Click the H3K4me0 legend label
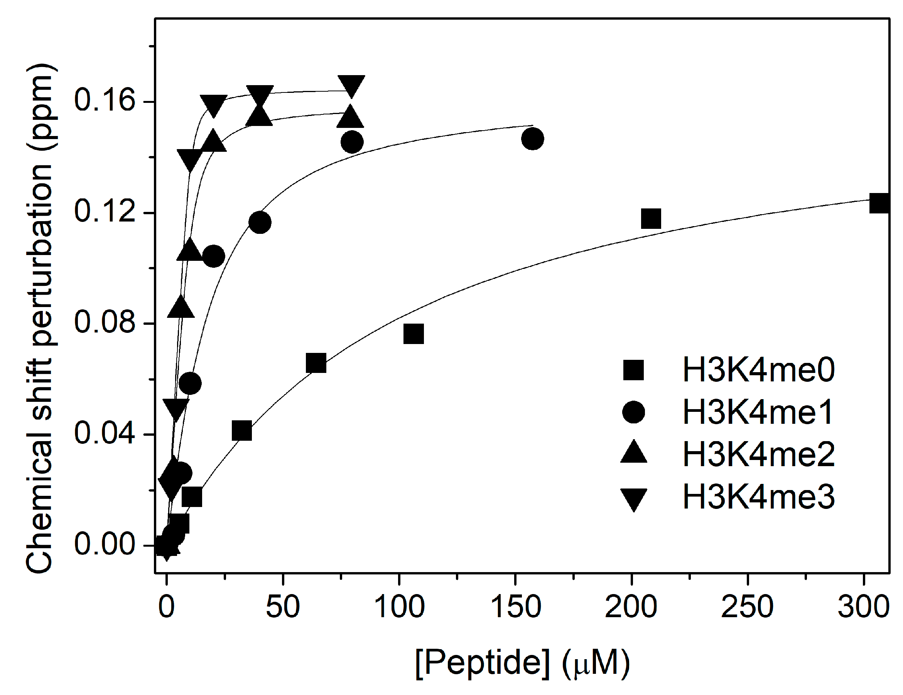pyautogui.click(x=758, y=370)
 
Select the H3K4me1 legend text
pyautogui.click(x=758, y=412)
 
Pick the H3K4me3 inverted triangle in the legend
pyautogui.click(x=633, y=499)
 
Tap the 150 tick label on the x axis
pyautogui.click(x=515, y=607)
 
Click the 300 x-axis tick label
pyautogui.click(x=863, y=607)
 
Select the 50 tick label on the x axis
pyautogui.click(x=283, y=607)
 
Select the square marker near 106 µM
pyautogui.click(x=414, y=334)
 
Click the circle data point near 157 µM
pyautogui.click(x=533, y=139)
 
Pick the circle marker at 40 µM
pyautogui.click(x=260, y=223)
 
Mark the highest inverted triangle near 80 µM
pyautogui.click(x=351, y=86)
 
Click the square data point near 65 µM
pyautogui.click(x=316, y=363)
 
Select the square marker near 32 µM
pyautogui.click(x=242, y=431)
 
